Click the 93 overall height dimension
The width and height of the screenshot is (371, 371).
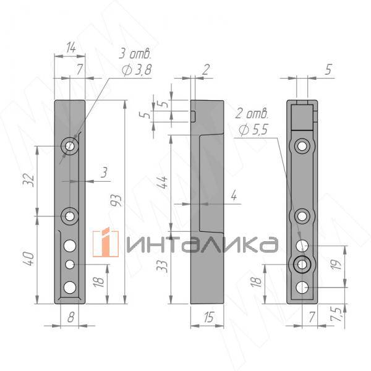click(x=117, y=200)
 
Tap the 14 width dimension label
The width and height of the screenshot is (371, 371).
click(x=71, y=48)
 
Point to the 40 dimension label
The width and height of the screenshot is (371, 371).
click(x=29, y=259)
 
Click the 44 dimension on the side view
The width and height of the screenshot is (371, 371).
click(x=163, y=182)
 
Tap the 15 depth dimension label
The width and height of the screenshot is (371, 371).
click(x=209, y=317)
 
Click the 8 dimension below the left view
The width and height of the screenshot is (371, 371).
click(x=70, y=317)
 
